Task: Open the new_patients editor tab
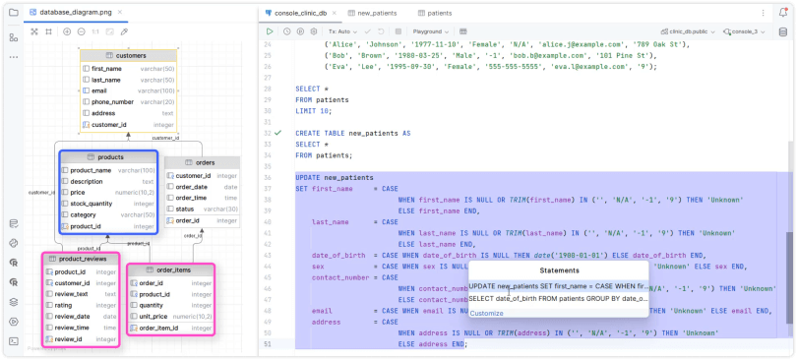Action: tap(377, 14)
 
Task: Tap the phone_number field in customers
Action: tap(112, 102)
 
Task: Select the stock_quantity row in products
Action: tap(106, 204)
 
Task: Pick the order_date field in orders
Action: tap(191, 187)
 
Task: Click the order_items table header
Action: tap(168, 270)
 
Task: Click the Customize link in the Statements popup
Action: tap(486, 313)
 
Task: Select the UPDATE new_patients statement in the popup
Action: tap(557, 285)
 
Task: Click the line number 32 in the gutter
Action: tap(267, 132)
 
